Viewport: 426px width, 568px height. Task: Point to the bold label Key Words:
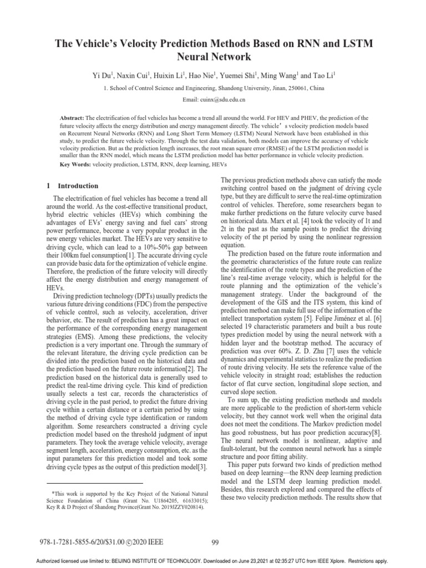75,165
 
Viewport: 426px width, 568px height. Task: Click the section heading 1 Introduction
72,186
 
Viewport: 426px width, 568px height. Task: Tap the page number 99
217,542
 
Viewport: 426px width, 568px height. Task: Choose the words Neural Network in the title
213,57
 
